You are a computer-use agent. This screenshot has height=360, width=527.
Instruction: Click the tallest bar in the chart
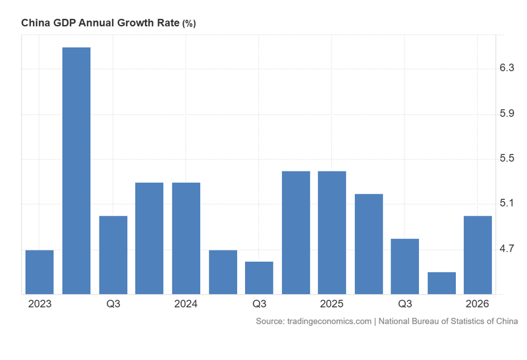(76, 171)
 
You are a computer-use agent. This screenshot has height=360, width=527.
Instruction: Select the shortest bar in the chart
(441, 283)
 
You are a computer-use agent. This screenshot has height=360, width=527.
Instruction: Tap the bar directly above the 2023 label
(40, 272)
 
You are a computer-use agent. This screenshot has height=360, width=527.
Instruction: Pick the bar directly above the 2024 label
(186, 238)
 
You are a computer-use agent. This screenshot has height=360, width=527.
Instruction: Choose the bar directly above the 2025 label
(332, 232)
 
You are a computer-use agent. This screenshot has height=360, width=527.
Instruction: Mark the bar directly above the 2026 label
(478, 255)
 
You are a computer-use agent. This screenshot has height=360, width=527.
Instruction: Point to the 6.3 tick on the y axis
(507, 69)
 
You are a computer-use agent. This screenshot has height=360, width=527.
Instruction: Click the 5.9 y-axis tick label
(507, 114)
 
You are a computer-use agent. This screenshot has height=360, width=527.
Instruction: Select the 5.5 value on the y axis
(507, 159)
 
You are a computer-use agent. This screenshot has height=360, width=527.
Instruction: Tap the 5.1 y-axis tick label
(507, 204)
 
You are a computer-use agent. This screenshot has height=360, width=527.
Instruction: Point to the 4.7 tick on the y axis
(507, 249)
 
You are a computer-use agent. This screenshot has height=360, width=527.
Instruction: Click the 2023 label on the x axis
(40, 304)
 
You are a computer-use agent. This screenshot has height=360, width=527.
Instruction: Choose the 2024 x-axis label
(186, 304)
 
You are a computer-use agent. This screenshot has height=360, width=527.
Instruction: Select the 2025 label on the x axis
(332, 304)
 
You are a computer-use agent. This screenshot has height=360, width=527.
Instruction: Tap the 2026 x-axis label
(478, 304)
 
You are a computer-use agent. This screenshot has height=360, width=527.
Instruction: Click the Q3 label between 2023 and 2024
(113, 304)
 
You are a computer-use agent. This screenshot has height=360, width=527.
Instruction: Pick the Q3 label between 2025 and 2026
(404, 304)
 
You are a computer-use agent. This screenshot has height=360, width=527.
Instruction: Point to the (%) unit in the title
(189, 24)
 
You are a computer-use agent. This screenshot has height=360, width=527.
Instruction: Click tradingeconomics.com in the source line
(330, 321)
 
